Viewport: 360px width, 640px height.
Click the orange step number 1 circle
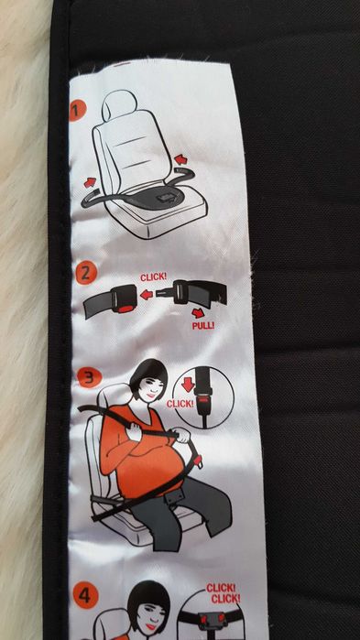[x=77, y=112]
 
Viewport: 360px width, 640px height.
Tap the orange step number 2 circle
[x=85, y=273]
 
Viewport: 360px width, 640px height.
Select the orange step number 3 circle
[x=89, y=377]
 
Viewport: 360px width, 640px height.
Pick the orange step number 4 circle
[x=85, y=596]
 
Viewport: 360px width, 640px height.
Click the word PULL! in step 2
[x=203, y=326]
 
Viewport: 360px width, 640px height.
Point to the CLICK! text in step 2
[x=153, y=277]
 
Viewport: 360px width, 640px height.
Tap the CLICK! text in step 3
[x=180, y=404]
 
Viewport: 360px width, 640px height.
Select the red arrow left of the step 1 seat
[x=90, y=182]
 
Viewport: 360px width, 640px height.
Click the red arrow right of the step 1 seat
[x=180, y=159]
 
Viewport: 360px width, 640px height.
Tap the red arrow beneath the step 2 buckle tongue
[x=199, y=313]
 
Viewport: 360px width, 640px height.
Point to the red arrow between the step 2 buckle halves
[x=147, y=294]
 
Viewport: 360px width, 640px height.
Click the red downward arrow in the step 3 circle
[x=188, y=385]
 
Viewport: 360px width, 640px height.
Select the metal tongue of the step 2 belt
[x=165, y=293]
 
